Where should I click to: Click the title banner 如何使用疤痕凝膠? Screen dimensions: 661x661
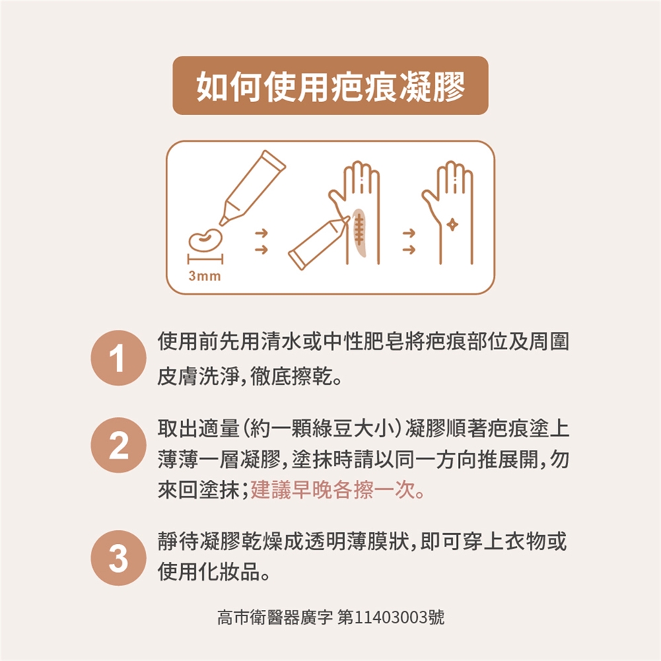tap(330, 85)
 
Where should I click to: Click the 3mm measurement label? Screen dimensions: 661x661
tap(205, 276)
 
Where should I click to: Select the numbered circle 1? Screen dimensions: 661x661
tap(118, 358)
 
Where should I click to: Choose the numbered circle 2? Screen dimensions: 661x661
tap(118, 445)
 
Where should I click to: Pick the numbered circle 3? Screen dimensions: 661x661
tap(118, 558)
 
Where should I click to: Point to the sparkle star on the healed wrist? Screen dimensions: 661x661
tap(452, 224)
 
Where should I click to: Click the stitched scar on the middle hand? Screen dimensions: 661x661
tap(359, 232)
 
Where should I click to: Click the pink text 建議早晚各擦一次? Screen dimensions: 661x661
tap(337, 490)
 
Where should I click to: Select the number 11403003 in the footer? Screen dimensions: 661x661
tap(391, 618)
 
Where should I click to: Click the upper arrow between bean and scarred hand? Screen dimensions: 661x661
tap(262, 233)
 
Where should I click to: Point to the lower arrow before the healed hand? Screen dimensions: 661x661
tap(409, 250)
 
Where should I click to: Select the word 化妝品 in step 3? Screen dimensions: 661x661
tap(230, 572)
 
